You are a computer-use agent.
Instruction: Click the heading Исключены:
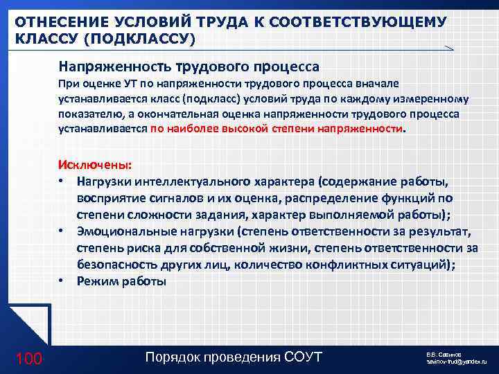point(89,166)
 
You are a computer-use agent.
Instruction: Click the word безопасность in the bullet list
point(114,263)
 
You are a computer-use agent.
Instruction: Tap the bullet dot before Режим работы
point(62,280)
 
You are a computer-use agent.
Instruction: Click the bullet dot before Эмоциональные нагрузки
point(62,230)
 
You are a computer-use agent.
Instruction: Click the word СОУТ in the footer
point(304,357)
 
